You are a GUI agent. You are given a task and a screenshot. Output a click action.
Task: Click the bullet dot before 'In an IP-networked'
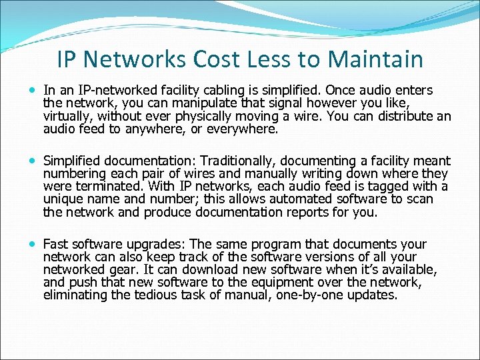[33, 90]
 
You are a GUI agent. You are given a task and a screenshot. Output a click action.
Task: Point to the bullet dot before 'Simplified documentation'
[33, 161]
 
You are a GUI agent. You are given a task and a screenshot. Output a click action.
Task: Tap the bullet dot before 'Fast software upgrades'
[33, 245]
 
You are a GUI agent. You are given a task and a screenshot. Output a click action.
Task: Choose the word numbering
[74, 174]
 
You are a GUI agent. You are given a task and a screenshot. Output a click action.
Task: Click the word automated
[299, 199]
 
